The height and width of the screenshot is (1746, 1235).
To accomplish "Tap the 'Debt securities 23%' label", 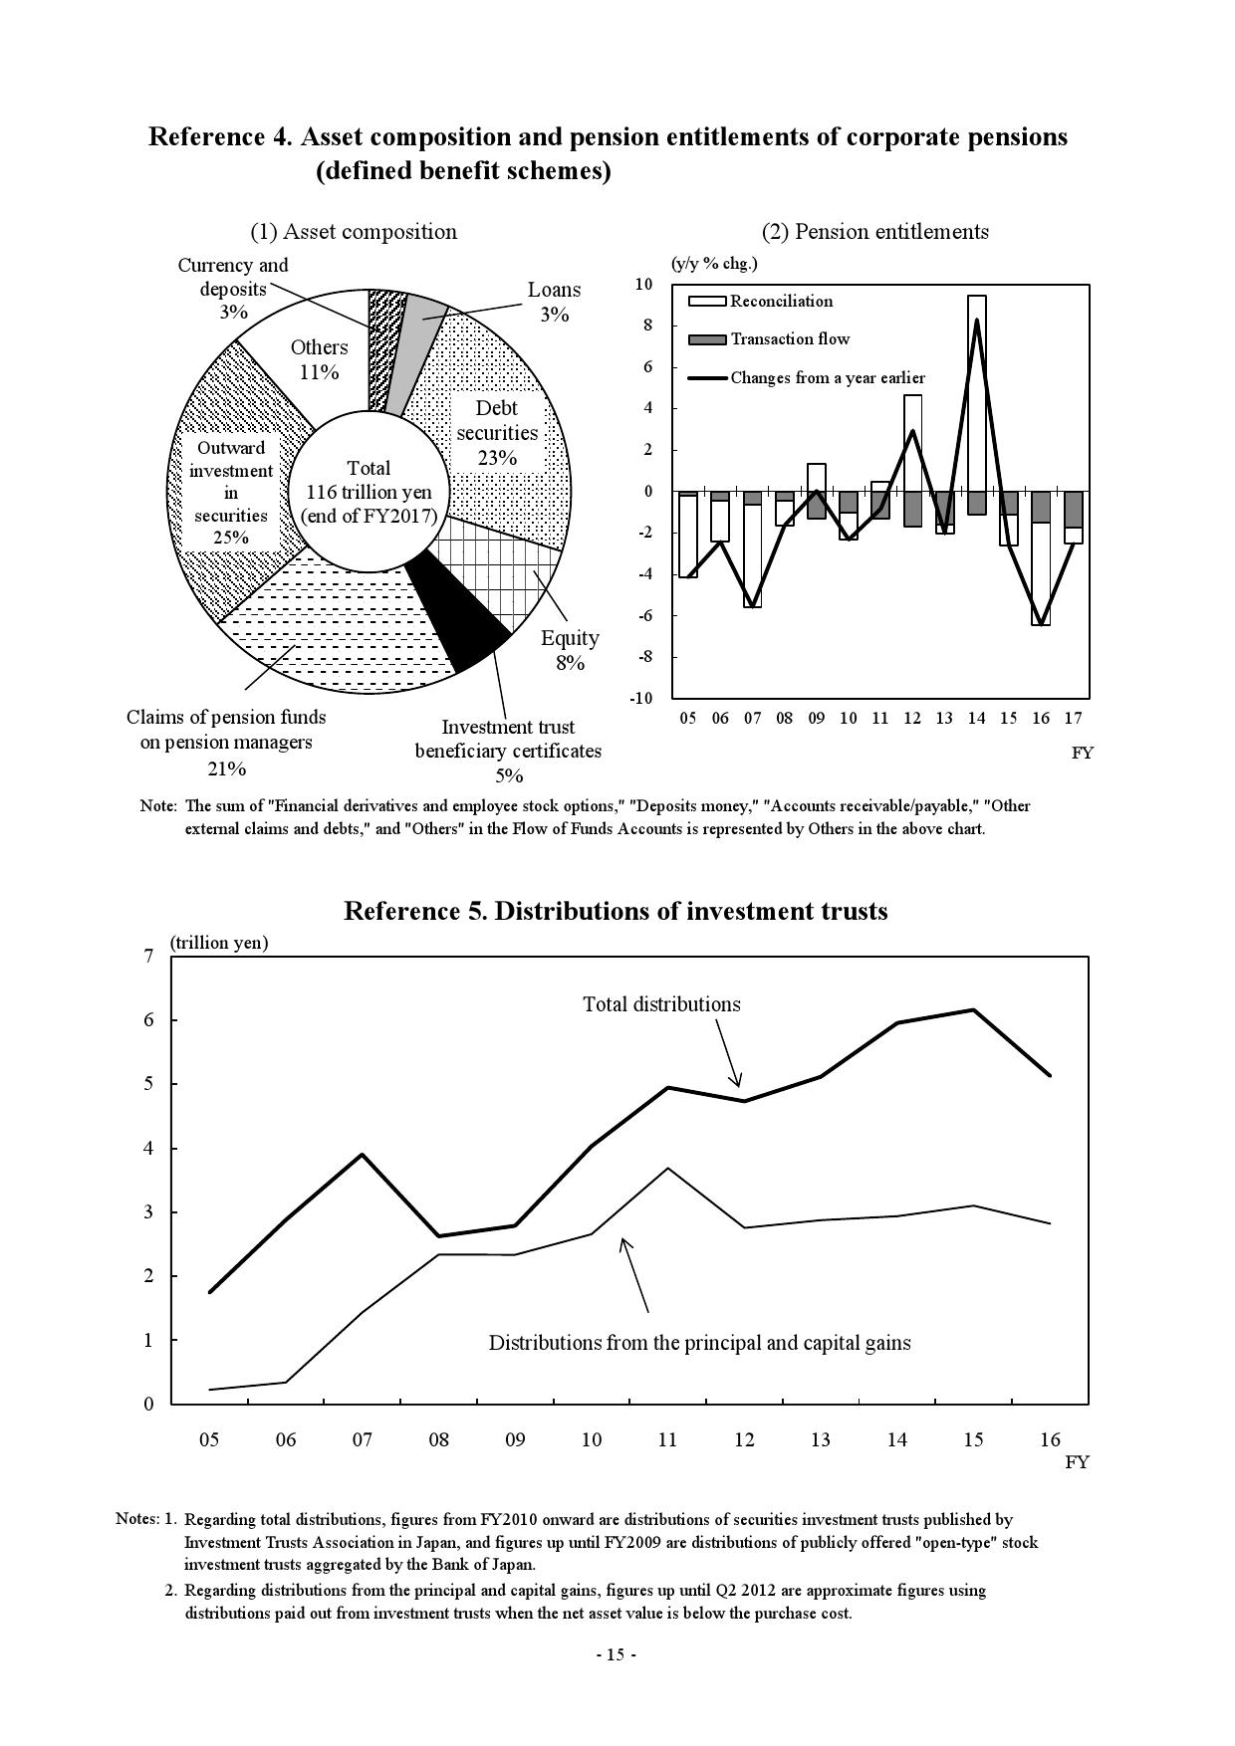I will click(x=497, y=433).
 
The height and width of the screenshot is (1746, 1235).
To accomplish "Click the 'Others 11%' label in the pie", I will click(x=319, y=359).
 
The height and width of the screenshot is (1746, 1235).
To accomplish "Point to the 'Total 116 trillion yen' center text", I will click(x=369, y=492).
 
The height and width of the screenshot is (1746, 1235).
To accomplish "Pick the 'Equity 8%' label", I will click(x=570, y=650).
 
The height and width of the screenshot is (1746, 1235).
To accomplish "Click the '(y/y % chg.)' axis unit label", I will click(x=714, y=264).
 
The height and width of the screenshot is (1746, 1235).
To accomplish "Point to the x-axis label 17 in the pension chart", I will click(x=1073, y=718).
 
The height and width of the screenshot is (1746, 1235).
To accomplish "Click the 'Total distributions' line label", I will click(x=661, y=1004).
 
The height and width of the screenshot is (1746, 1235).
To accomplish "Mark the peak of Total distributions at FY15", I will click(x=973, y=1010).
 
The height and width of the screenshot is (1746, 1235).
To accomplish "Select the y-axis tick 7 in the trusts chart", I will click(x=149, y=957).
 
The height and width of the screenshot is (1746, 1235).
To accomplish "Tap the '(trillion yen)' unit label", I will click(x=219, y=942).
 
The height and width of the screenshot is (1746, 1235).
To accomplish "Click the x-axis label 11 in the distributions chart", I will click(x=667, y=1439).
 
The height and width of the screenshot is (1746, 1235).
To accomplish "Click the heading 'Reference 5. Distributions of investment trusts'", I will click(x=616, y=911).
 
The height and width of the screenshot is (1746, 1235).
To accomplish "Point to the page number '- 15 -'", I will click(x=616, y=1654).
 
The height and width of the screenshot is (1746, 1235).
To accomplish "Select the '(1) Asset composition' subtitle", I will click(x=354, y=232).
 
